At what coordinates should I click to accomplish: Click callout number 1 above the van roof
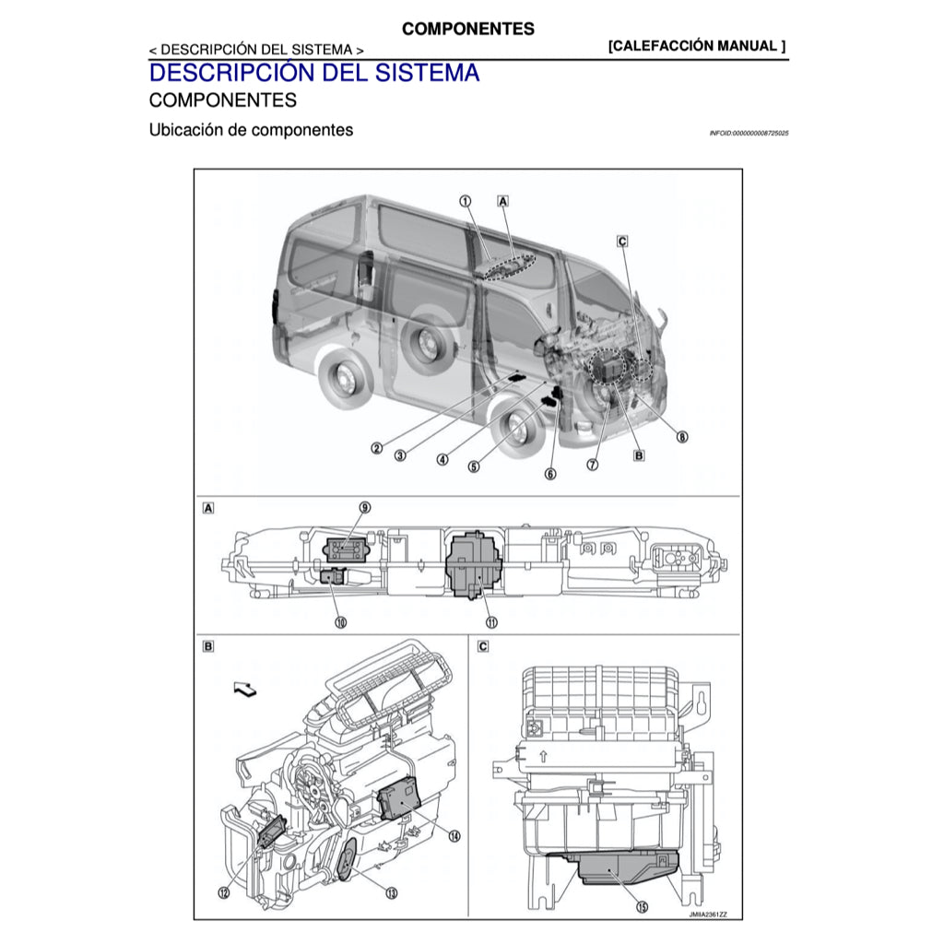[466, 200]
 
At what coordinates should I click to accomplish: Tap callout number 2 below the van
[376, 448]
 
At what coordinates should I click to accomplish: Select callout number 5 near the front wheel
[474, 466]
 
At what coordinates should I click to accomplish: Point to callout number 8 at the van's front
[682, 437]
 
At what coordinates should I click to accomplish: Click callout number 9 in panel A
[365, 507]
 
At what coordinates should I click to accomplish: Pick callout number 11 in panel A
[492, 622]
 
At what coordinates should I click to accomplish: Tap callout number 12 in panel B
[224, 891]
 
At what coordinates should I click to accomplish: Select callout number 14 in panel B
[454, 835]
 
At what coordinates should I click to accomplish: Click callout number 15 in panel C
[642, 906]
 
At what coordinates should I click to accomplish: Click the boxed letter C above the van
[622, 241]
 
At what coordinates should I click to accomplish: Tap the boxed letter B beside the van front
[639, 454]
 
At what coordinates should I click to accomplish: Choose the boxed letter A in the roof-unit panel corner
[208, 507]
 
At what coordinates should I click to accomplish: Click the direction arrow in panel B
[246, 688]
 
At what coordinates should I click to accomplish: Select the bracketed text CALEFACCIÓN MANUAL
[697, 46]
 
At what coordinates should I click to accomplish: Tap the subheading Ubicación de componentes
[251, 130]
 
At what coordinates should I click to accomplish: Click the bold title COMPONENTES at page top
[467, 29]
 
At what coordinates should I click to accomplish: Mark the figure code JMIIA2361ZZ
[707, 915]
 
